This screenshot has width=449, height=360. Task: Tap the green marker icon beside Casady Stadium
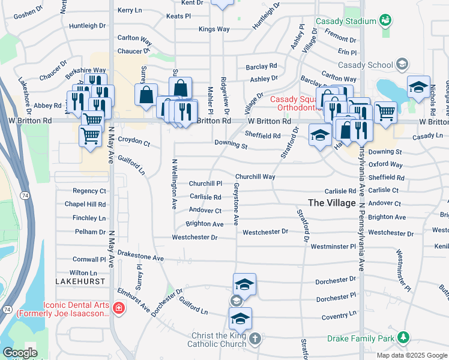385,21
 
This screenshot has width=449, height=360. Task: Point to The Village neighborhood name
332,203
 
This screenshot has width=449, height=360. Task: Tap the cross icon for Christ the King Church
255,340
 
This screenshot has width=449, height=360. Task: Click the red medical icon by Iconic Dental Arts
119,308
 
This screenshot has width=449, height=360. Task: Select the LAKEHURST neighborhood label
76,281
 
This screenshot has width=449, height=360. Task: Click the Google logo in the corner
19,353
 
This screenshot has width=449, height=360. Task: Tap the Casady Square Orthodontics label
293,103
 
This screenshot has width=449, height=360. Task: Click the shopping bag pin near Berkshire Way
146,95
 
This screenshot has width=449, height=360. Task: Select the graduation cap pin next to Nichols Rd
418,87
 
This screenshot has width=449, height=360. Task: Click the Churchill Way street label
255,177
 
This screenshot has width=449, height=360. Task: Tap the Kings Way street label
214,29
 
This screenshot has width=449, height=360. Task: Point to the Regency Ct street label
89,191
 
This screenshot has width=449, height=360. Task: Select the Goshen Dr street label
25,13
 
